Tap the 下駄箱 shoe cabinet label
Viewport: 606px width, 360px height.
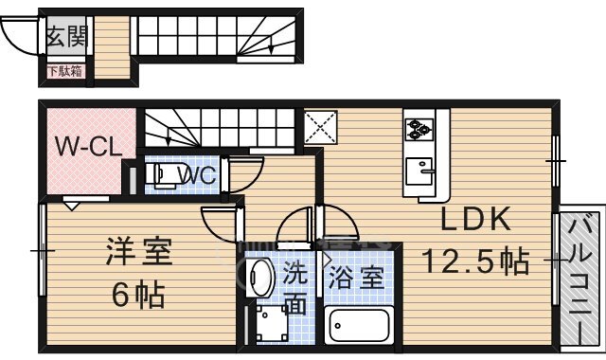coord(64,71)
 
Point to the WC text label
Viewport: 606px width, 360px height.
coord(196,175)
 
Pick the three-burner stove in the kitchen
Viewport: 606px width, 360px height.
coord(419,129)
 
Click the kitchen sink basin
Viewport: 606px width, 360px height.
coord(419,171)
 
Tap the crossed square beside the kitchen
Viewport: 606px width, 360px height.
coord(320,126)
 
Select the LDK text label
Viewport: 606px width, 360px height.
coord(475,219)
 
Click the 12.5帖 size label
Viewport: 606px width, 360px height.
coord(475,261)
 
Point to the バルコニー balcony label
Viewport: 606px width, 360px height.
coord(580,279)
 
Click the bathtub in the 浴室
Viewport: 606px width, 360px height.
coord(359,325)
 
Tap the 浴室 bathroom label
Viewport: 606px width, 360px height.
coord(356,278)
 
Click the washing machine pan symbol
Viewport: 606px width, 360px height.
coord(273,324)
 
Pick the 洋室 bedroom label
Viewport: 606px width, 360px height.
coord(139,251)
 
